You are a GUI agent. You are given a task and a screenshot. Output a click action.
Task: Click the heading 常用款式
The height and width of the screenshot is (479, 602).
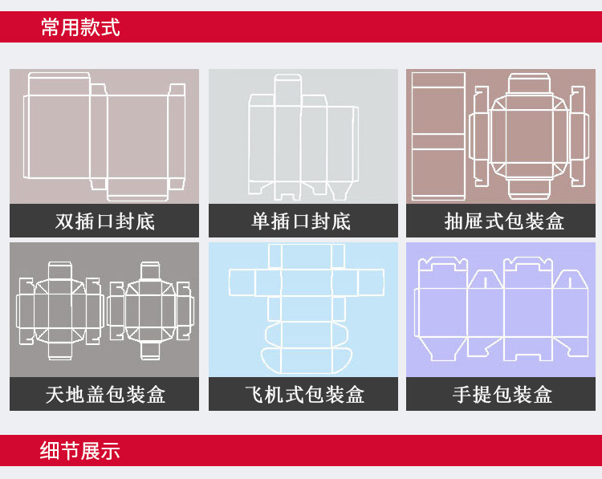[80, 28]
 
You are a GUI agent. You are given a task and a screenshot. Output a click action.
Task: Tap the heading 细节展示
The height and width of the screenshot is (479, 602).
[80, 451]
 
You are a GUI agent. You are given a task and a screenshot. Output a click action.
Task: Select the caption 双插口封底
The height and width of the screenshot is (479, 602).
[104, 221]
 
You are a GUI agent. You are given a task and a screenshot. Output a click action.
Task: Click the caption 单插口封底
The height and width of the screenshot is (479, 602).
[302, 221]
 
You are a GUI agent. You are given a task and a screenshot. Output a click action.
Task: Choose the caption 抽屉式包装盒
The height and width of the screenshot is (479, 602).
[504, 221]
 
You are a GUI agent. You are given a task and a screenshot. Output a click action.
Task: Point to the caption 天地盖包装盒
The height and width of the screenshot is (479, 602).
[104, 394]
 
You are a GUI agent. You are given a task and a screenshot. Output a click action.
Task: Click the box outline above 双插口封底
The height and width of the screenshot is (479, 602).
[104, 136]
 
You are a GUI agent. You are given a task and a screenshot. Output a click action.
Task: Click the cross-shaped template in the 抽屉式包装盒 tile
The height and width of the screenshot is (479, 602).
[519, 136]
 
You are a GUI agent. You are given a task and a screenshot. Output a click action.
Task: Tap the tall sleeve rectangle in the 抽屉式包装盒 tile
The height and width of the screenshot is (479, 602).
[438, 136]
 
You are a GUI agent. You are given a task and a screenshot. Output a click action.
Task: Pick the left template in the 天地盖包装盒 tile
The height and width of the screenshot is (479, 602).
[59, 310]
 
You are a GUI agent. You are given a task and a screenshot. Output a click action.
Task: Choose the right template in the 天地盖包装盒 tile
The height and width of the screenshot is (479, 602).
[151, 310]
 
